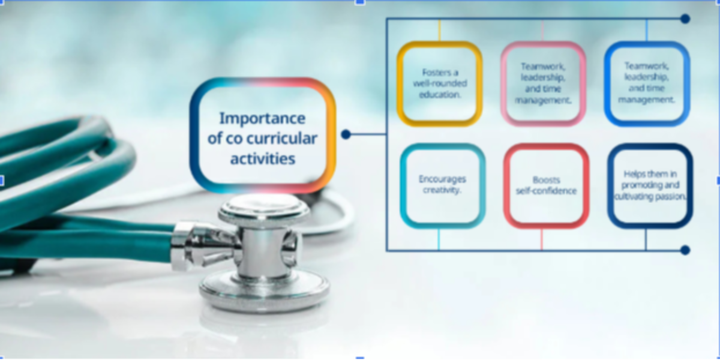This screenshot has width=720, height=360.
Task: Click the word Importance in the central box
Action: click(x=262, y=118)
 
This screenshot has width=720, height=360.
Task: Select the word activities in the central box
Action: click(x=262, y=159)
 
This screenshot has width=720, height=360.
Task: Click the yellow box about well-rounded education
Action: click(x=439, y=83)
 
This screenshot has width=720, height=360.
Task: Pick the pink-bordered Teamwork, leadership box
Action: click(x=543, y=83)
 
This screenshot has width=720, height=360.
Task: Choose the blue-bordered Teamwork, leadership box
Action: click(x=646, y=83)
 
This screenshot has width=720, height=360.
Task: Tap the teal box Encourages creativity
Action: click(x=442, y=185)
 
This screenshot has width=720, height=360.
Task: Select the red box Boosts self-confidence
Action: click(x=546, y=185)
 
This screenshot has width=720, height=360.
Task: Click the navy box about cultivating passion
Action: click(x=650, y=185)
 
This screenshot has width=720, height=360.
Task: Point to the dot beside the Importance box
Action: click(x=346, y=134)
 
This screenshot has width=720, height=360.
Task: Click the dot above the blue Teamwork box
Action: click(x=685, y=19)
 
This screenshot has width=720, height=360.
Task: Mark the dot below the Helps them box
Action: click(x=685, y=250)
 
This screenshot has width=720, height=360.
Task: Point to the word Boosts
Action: click(x=546, y=179)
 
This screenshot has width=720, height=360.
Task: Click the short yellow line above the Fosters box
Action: click(x=439, y=31)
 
